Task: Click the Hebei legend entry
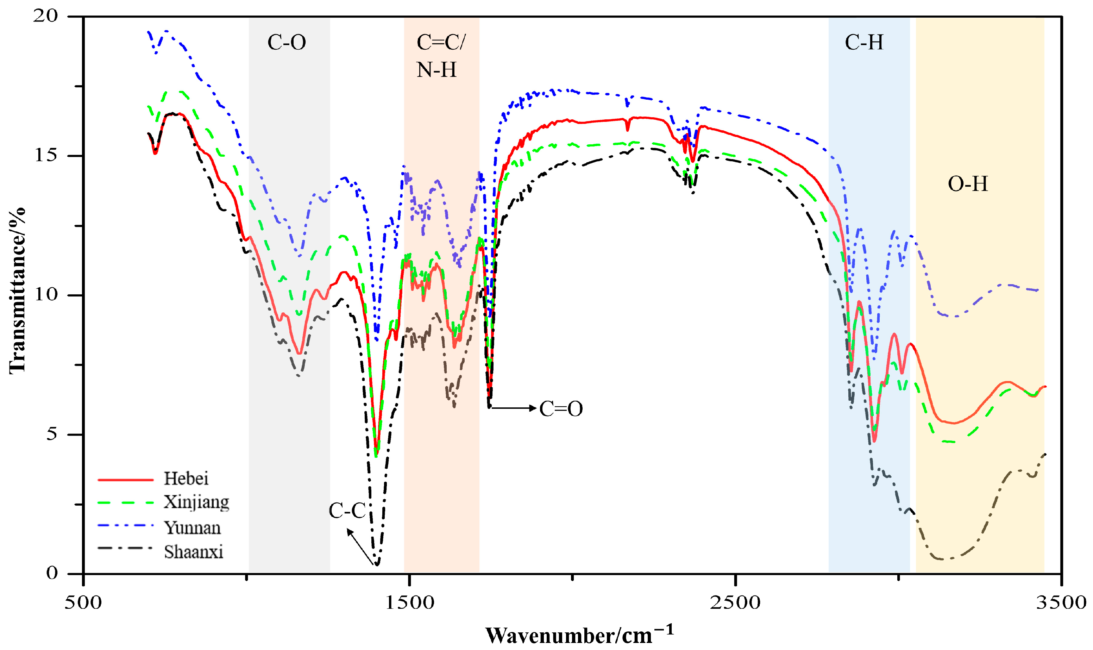tap(186, 479)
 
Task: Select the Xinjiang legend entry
tap(196, 502)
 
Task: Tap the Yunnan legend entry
tap(192, 528)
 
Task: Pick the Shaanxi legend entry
tap(194, 552)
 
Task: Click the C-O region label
tap(287, 43)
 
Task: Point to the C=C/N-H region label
tap(440, 56)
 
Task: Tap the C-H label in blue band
tap(863, 43)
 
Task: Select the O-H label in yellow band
tap(967, 184)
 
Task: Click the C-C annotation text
tap(347, 511)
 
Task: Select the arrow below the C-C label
tap(361, 546)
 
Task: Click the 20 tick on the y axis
tap(45, 16)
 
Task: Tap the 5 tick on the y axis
tap(52, 434)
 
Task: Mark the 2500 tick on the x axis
tap(735, 603)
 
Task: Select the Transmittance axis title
tap(18, 291)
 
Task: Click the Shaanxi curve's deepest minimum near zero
tap(377, 564)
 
